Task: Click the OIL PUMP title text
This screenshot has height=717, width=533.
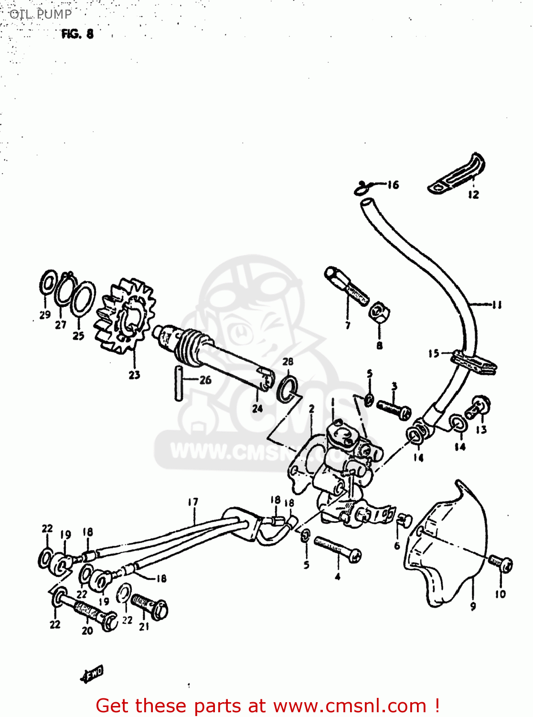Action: pyautogui.click(x=40, y=14)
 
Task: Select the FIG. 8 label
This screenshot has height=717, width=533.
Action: pyautogui.click(x=77, y=34)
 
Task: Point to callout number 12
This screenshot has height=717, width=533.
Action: pyautogui.click(x=473, y=195)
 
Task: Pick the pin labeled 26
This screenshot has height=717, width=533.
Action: pyautogui.click(x=179, y=383)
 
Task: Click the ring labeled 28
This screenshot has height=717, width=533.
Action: pyautogui.click(x=288, y=388)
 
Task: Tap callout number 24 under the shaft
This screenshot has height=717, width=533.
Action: pyautogui.click(x=257, y=408)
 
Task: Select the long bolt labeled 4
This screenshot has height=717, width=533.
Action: pyautogui.click(x=337, y=549)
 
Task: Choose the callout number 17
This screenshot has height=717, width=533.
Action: pyautogui.click(x=192, y=502)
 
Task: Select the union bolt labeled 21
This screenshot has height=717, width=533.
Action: pyautogui.click(x=149, y=605)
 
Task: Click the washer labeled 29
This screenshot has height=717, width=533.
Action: pyautogui.click(x=48, y=283)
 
